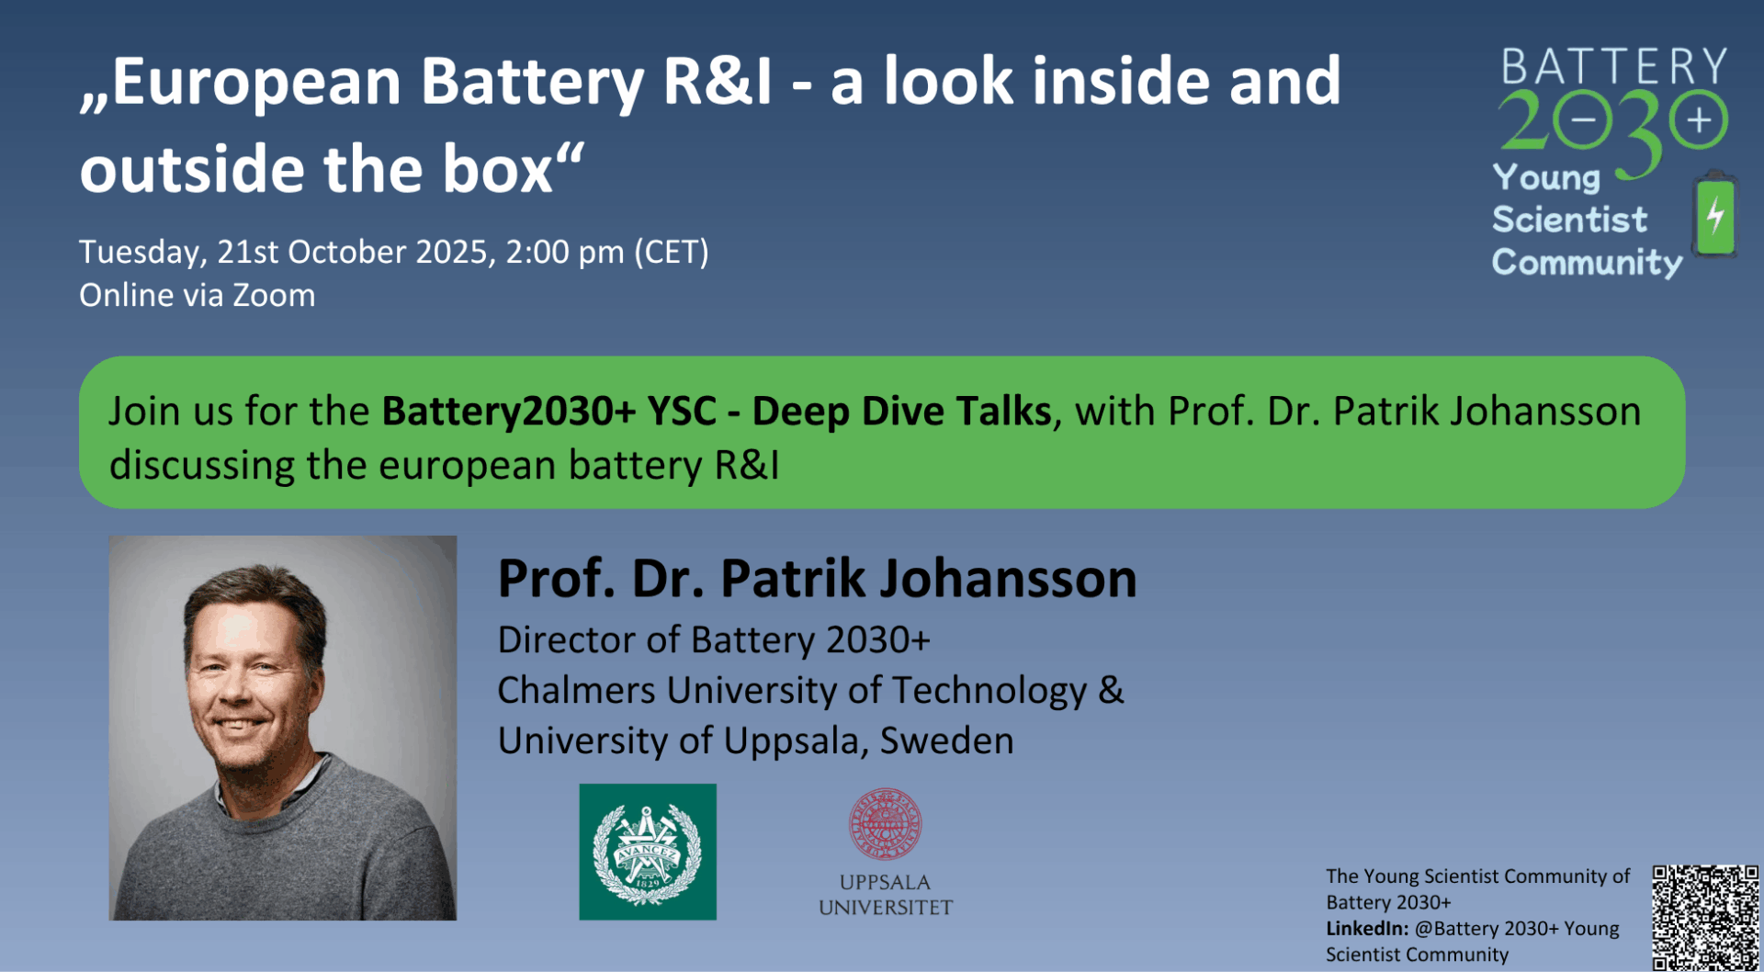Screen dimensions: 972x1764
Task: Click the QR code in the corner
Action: [1705, 917]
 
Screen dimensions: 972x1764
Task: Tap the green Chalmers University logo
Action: [648, 852]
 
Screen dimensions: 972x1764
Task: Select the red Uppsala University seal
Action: [885, 823]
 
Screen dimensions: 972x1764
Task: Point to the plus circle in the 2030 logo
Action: [1699, 120]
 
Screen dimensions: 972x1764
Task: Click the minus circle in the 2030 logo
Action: [1583, 120]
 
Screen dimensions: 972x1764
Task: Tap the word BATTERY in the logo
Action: [1614, 66]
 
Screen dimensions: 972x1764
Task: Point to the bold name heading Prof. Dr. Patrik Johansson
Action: [817, 579]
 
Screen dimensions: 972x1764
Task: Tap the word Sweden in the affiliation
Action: [946, 740]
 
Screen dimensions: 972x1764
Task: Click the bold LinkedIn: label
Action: [1366, 929]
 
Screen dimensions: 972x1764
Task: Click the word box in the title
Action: [497, 169]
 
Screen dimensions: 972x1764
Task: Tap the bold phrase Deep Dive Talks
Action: [901, 412]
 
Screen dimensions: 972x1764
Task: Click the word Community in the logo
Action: [1587, 263]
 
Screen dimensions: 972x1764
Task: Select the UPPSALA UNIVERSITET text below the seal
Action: [885, 895]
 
